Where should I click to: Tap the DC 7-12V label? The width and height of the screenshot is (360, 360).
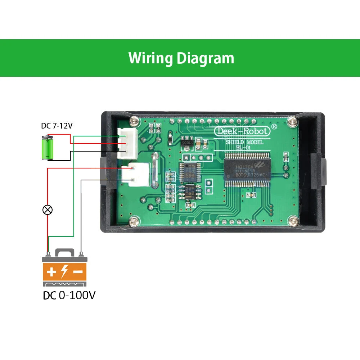click(57, 126)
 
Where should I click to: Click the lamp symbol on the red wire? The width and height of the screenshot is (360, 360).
click(47, 210)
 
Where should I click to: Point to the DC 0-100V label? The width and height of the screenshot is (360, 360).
click(69, 295)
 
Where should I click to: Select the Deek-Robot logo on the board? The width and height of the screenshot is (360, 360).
click(242, 131)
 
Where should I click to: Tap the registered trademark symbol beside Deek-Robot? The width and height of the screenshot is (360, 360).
click(274, 126)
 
